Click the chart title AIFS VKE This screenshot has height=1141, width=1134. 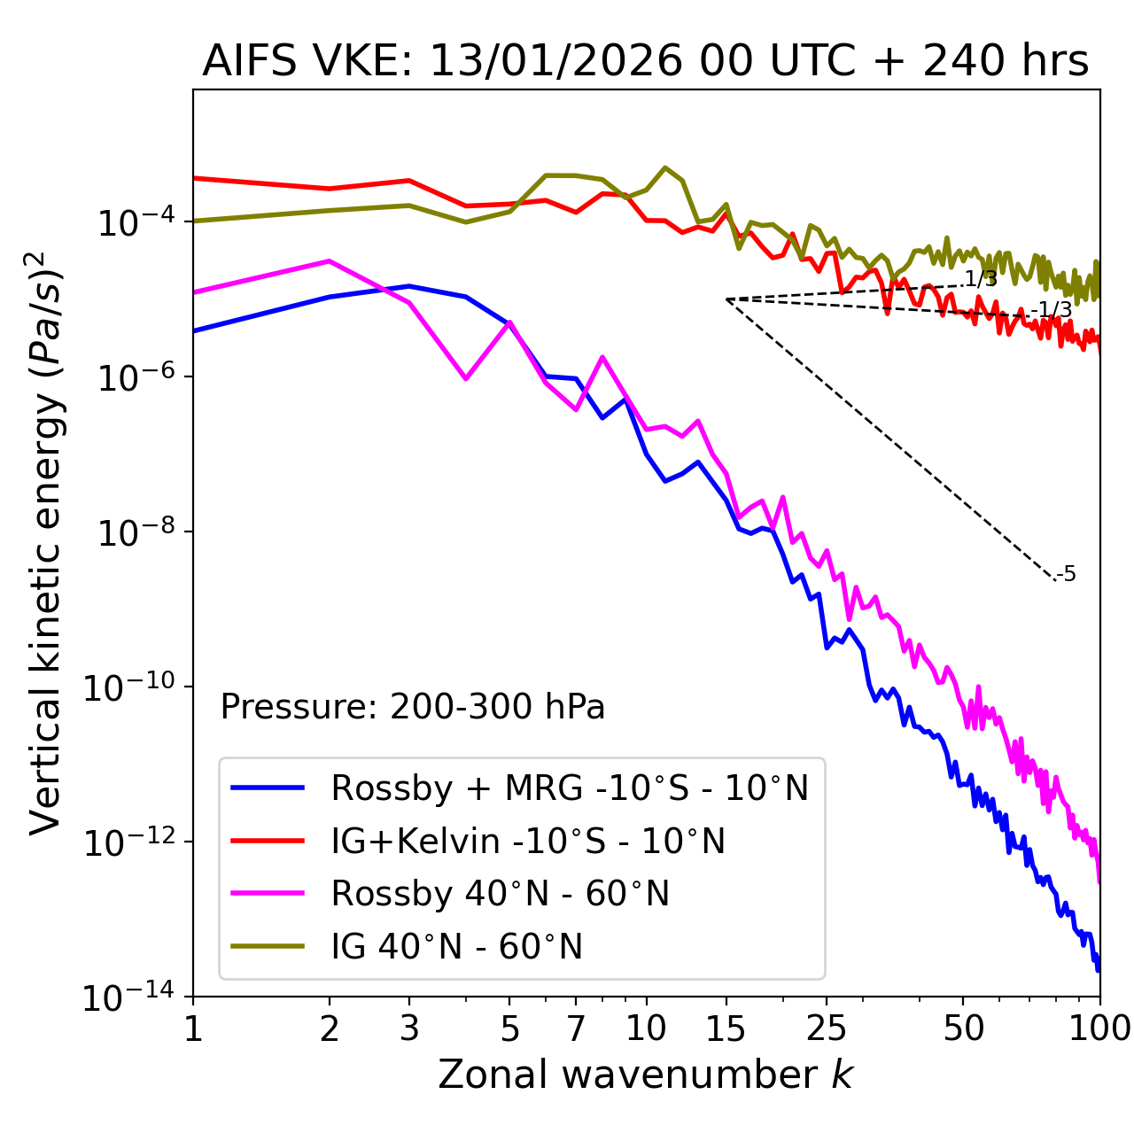pos(645,61)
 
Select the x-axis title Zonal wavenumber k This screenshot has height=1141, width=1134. pos(645,1075)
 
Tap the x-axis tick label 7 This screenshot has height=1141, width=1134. pos(576,1028)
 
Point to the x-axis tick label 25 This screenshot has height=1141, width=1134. pos(826,1028)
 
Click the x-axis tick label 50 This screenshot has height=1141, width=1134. pos(963,1028)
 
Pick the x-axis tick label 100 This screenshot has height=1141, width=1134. pos(1099,1028)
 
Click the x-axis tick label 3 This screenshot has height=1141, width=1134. pos(409,1028)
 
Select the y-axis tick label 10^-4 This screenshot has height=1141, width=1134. pos(134,222)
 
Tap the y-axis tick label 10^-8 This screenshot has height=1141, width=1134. pos(134,533)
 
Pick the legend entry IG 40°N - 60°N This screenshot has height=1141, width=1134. pos(456,947)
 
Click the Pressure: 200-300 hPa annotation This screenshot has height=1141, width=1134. pos(413,707)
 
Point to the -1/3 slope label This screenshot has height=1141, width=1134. pos(1053,310)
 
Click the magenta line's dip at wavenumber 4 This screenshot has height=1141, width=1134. pos(466,378)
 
